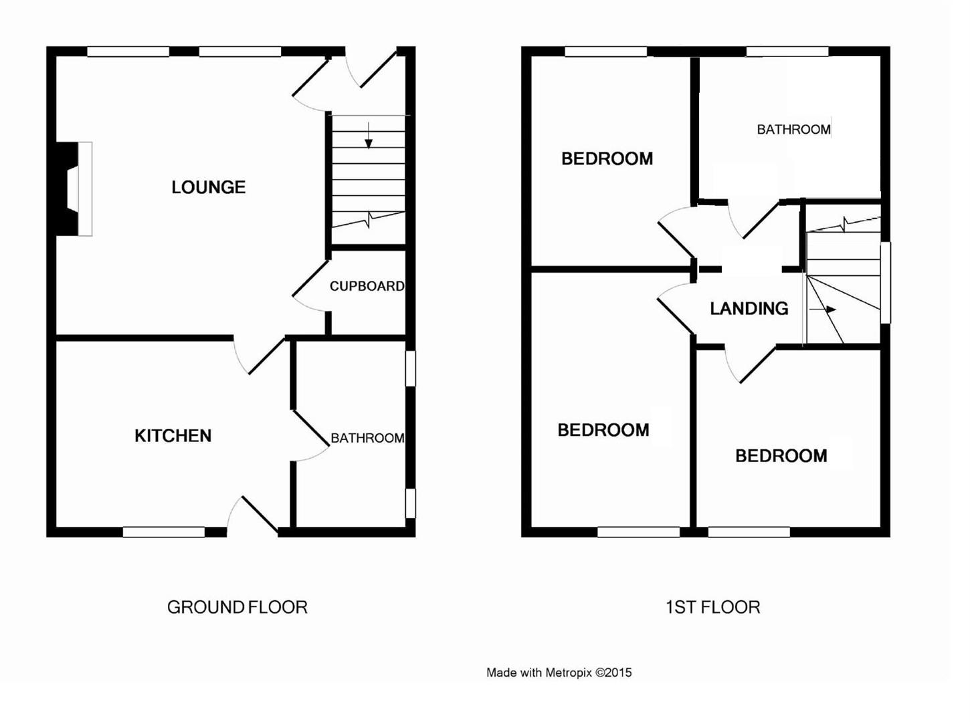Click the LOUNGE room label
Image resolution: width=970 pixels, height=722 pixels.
[208, 187]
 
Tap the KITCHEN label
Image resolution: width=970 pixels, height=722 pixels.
[173, 436]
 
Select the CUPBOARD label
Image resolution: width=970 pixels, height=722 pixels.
[367, 286]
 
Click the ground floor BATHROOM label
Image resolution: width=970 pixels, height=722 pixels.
[367, 438]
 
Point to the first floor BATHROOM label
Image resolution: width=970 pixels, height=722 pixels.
[793, 130]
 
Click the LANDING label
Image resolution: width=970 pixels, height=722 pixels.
[749, 308]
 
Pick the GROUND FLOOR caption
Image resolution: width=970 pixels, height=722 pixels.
[237, 607]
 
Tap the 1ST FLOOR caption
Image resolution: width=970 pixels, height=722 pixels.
[712, 607]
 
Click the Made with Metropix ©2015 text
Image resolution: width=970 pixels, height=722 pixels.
[559, 673]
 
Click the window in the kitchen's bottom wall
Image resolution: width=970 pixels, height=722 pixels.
[164, 532]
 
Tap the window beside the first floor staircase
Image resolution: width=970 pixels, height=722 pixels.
[885, 282]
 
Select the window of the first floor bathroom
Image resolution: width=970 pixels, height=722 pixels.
[787, 51]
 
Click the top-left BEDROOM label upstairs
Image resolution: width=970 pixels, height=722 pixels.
[607, 158]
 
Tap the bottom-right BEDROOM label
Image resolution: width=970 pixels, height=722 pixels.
[781, 456]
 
